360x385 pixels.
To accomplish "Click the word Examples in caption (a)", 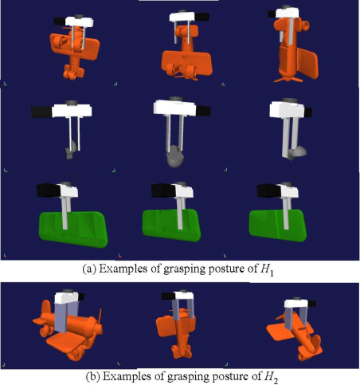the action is (123, 269).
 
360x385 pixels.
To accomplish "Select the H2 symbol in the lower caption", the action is (271, 377).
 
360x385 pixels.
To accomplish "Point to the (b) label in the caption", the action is (92, 376).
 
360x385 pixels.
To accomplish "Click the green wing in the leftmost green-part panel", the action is (73, 230).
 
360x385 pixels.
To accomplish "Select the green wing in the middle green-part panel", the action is (171, 225).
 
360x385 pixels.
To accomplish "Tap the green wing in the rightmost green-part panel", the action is (278, 226).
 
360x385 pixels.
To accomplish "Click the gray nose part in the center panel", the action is (174, 156).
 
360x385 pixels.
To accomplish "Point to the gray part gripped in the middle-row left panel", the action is (71, 150).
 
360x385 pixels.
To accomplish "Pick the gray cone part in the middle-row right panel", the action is (298, 153).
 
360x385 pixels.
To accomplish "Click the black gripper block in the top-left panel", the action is (60, 22).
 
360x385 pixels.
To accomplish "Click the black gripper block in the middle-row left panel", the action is (41, 112).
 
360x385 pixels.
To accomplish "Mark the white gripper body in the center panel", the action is (175, 108).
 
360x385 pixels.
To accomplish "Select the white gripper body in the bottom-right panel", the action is (296, 304).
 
